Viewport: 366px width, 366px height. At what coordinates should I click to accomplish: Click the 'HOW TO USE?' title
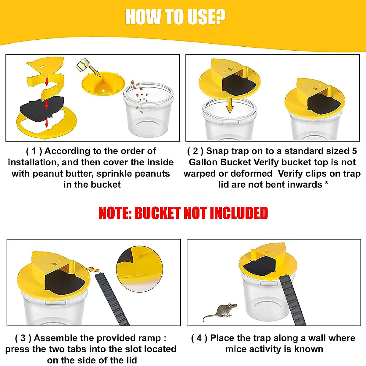[x=175, y=17]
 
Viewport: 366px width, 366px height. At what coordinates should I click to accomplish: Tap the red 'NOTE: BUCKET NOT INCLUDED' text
[x=183, y=213]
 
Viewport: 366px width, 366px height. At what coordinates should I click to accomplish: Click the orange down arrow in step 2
[x=230, y=105]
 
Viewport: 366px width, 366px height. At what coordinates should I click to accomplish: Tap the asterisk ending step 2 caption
[x=327, y=184]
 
